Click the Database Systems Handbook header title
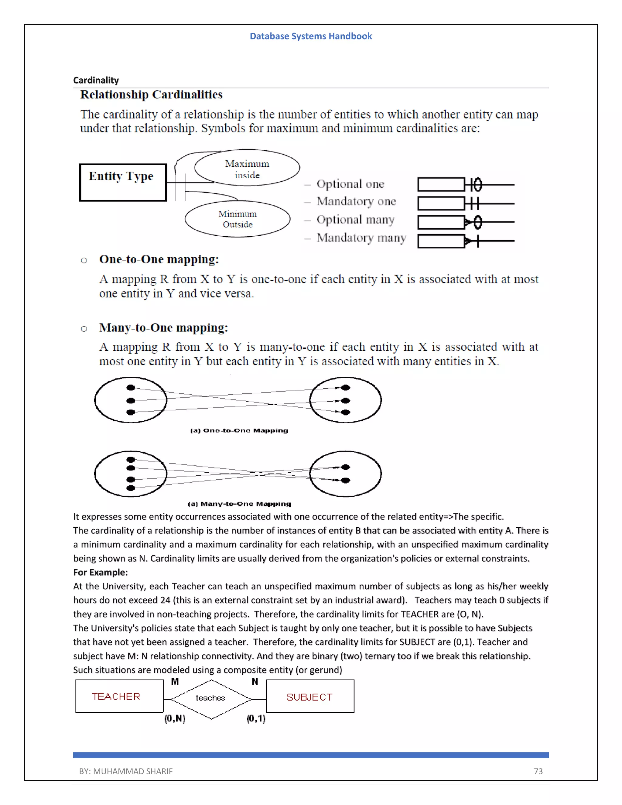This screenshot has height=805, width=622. point(311,36)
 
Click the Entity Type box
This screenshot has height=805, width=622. point(123,183)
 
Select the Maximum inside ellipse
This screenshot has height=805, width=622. point(247,168)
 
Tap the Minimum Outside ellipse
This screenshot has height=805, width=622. point(237,219)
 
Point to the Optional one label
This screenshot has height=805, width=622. point(350,183)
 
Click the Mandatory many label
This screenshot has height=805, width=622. point(361,238)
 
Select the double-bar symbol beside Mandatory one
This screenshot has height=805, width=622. point(472,203)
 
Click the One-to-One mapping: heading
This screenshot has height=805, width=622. point(159,259)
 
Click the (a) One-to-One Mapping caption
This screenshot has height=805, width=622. point(239,430)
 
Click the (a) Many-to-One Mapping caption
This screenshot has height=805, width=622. point(239,504)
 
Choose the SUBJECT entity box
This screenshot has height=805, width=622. point(310,697)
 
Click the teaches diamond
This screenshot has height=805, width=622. point(211,698)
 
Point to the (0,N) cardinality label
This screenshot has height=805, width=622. point(175,718)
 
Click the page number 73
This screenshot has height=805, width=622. point(538,771)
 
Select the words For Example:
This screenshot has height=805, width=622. point(100,572)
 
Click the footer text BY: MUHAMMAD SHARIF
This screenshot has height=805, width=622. point(126,771)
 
